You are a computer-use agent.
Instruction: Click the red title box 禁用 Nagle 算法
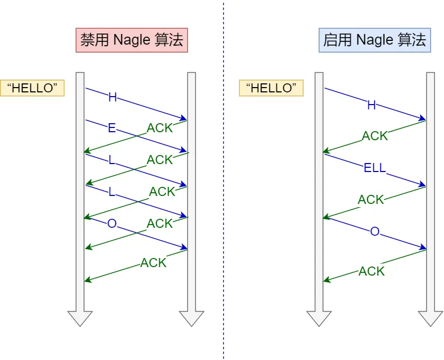[x=132, y=40]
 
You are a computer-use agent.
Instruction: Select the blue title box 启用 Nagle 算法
[x=374, y=40]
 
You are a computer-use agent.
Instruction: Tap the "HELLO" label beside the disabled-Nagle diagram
[x=32, y=88]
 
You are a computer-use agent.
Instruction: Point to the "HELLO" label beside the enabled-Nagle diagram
[x=271, y=88]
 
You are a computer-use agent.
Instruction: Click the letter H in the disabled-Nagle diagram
[x=112, y=97]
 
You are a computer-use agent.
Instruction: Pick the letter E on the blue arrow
[x=112, y=128]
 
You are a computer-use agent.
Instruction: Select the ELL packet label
[x=374, y=169]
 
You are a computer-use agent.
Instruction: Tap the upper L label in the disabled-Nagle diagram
[x=112, y=160]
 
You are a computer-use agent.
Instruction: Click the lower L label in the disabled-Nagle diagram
[x=112, y=192]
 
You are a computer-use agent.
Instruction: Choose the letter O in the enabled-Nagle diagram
[x=374, y=232]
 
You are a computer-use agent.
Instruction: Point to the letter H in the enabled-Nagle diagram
[x=371, y=106]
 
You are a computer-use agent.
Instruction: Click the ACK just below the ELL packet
[x=371, y=200]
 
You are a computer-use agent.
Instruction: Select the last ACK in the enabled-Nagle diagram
[x=371, y=271]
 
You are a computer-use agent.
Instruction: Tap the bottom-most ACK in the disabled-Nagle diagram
[x=153, y=263]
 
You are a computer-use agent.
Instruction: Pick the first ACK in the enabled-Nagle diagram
[x=375, y=136]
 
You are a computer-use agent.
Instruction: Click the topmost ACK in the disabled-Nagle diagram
[x=160, y=128]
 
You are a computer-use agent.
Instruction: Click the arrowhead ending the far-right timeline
[x=430, y=318]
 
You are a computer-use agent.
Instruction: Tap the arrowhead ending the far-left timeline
[x=80, y=318]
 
